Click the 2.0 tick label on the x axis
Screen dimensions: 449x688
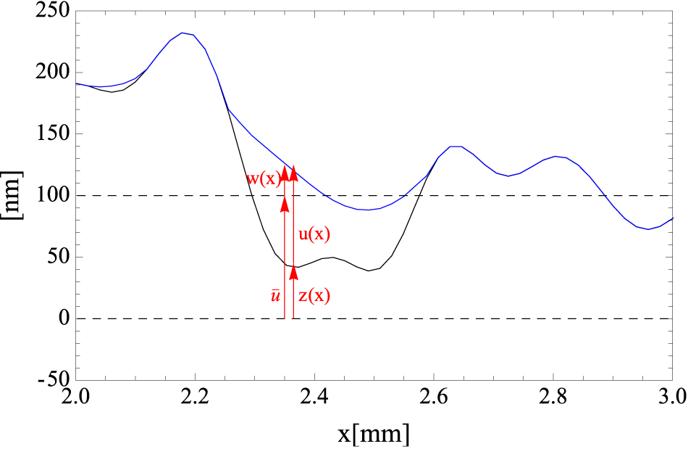tap(75, 397)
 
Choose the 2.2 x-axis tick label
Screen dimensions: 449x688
tap(195, 397)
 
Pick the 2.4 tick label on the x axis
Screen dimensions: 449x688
tap(314, 397)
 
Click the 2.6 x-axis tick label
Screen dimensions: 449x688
tap(434, 397)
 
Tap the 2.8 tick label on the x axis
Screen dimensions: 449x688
tap(553, 397)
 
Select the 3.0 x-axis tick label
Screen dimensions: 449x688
tap(673, 397)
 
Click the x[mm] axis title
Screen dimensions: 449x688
tap(374, 434)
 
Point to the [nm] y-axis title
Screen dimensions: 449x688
tap(12, 195)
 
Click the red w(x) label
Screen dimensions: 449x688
tap(263, 178)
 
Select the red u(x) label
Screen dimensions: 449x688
tap(314, 234)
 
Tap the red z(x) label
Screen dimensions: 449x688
tap(314, 295)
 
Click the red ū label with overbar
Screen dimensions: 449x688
tap(275, 295)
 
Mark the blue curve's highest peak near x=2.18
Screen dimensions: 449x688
tap(183, 33)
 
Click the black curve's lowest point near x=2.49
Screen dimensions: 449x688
tap(369, 271)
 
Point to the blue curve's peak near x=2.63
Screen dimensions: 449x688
tap(455, 147)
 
